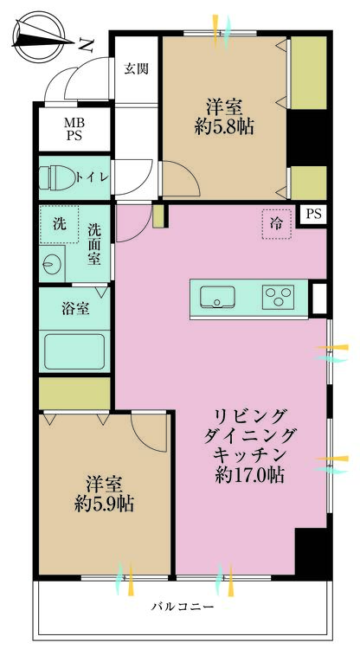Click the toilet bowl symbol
click(57, 178)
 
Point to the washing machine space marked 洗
click(59, 224)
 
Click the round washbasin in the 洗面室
click(51, 262)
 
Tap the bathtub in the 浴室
click(74, 351)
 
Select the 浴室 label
click(76, 309)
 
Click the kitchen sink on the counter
click(218, 296)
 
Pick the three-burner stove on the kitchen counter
click(278, 296)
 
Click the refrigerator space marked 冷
click(277, 224)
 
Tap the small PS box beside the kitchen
click(312, 215)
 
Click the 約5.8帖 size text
click(224, 126)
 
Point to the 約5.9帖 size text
click(104, 504)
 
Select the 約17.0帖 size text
click(249, 475)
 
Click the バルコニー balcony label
click(183, 607)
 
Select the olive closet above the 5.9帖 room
click(74, 393)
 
